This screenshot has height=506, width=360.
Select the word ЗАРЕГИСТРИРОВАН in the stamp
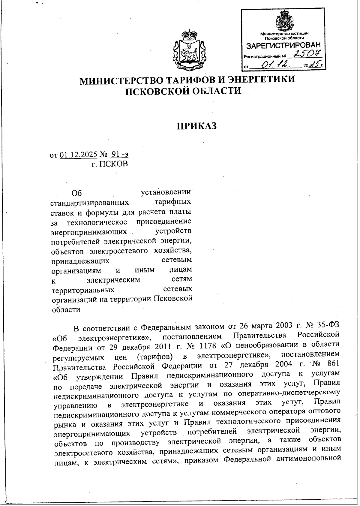[x=283, y=46]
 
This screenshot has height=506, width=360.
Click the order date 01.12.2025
[x=79, y=155]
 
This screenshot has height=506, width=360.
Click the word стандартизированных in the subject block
[x=90, y=202]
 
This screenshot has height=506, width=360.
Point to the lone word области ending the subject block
[x=66, y=309]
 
